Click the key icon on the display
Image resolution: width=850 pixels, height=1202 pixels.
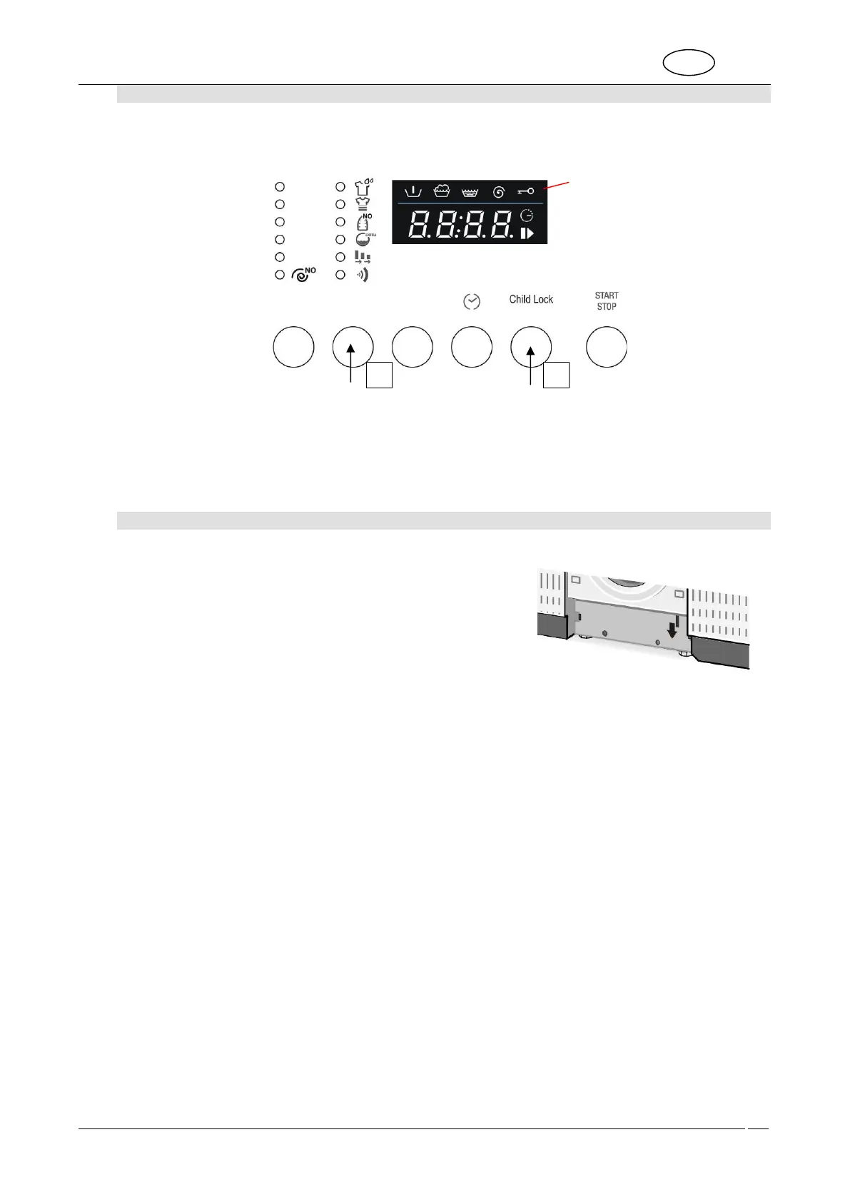(526, 191)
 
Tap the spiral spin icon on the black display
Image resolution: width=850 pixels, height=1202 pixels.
(499, 191)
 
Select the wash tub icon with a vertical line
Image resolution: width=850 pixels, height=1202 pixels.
(413, 191)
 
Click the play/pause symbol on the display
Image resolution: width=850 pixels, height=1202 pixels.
(527, 233)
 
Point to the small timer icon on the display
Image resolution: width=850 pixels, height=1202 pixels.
(527, 215)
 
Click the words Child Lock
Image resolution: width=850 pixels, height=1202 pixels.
(531, 299)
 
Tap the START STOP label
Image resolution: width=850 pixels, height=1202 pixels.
(607, 300)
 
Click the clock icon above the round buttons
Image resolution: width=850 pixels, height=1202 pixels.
(472, 302)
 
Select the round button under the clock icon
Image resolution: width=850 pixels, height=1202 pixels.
(472, 347)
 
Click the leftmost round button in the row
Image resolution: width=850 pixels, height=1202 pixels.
(294, 347)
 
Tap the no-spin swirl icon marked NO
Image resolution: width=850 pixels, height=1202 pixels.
(304, 273)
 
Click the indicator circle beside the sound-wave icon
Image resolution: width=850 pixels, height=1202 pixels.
(340, 275)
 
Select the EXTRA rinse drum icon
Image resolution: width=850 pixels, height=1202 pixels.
(364, 240)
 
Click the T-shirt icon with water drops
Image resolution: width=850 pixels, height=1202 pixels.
(364, 187)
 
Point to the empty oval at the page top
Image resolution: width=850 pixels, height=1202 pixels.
(689, 62)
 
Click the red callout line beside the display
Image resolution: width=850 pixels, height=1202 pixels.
(559, 186)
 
